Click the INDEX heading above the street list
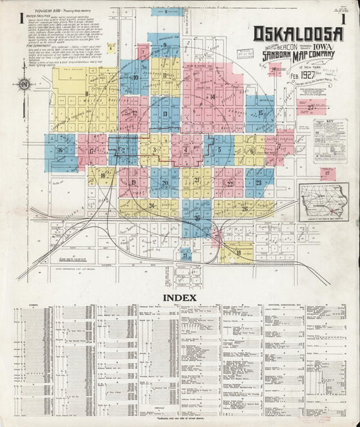click(179, 297)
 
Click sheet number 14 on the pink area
click(212, 97)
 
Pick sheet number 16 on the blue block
click(61, 150)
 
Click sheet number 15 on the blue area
click(260, 113)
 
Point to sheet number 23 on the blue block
click(258, 182)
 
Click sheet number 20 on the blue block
click(164, 182)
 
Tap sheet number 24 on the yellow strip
click(152, 205)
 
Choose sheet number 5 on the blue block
click(220, 149)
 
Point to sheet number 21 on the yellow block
click(197, 180)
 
